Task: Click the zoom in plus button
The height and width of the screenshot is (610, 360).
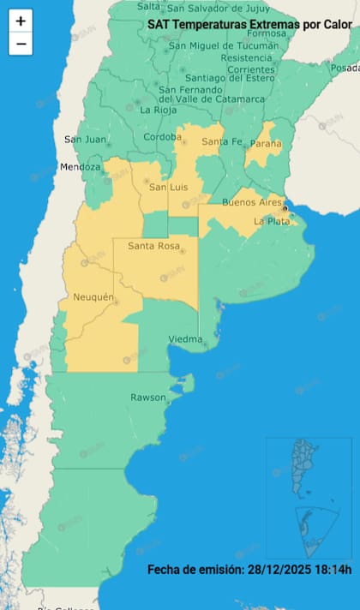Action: pyautogui.click(x=21, y=21)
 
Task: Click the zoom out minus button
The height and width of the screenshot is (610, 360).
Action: pyautogui.click(x=21, y=43)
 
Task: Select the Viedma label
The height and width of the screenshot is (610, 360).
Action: pyautogui.click(x=185, y=338)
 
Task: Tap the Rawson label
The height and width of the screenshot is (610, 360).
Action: pyautogui.click(x=148, y=398)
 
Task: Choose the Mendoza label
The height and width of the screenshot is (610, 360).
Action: pyautogui.click(x=81, y=166)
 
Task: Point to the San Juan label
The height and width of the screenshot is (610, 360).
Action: pyautogui.click(x=85, y=139)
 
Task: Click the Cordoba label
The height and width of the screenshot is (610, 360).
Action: pyautogui.click(x=163, y=137)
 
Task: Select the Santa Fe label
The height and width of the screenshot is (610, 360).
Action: pyautogui.click(x=219, y=141)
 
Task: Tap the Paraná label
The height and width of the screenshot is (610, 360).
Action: pyautogui.click(x=265, y=144)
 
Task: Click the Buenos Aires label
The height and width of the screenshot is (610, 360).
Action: pyautogui.click(x=252, y=202)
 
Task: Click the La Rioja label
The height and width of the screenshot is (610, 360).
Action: pyautogui.click(x=159, y=110)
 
